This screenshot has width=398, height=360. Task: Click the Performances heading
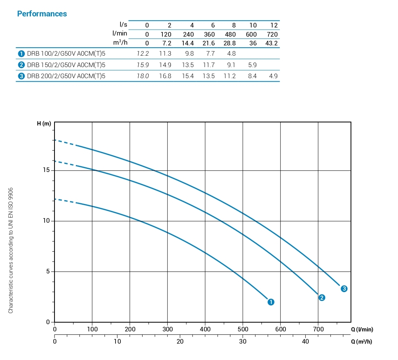[42, 14]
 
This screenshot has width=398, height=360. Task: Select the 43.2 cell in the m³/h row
[271, 43]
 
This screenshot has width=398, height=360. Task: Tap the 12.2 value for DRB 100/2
[143, 54]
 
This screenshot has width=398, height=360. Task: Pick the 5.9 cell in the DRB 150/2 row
[252, 65]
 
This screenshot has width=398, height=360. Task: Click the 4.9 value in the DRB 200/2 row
[273, 76]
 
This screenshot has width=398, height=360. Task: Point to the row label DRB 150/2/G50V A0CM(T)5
[66, 65]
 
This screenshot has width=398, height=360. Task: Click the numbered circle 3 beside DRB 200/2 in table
[21, 76]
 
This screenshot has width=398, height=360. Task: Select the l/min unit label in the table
[119, 34]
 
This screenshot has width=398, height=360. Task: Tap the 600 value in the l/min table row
[251, 34]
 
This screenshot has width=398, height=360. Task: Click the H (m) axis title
[44, 124]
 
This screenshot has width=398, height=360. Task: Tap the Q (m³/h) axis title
[361, 341]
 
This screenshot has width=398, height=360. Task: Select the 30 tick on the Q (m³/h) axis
[243, 341]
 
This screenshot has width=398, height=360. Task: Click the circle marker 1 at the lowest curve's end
[271, 302]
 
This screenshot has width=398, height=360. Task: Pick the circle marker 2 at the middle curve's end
[322, 297]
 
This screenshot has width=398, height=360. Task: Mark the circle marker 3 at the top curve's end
[344, 289]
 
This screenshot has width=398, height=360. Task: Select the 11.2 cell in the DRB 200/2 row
[229, 76]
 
